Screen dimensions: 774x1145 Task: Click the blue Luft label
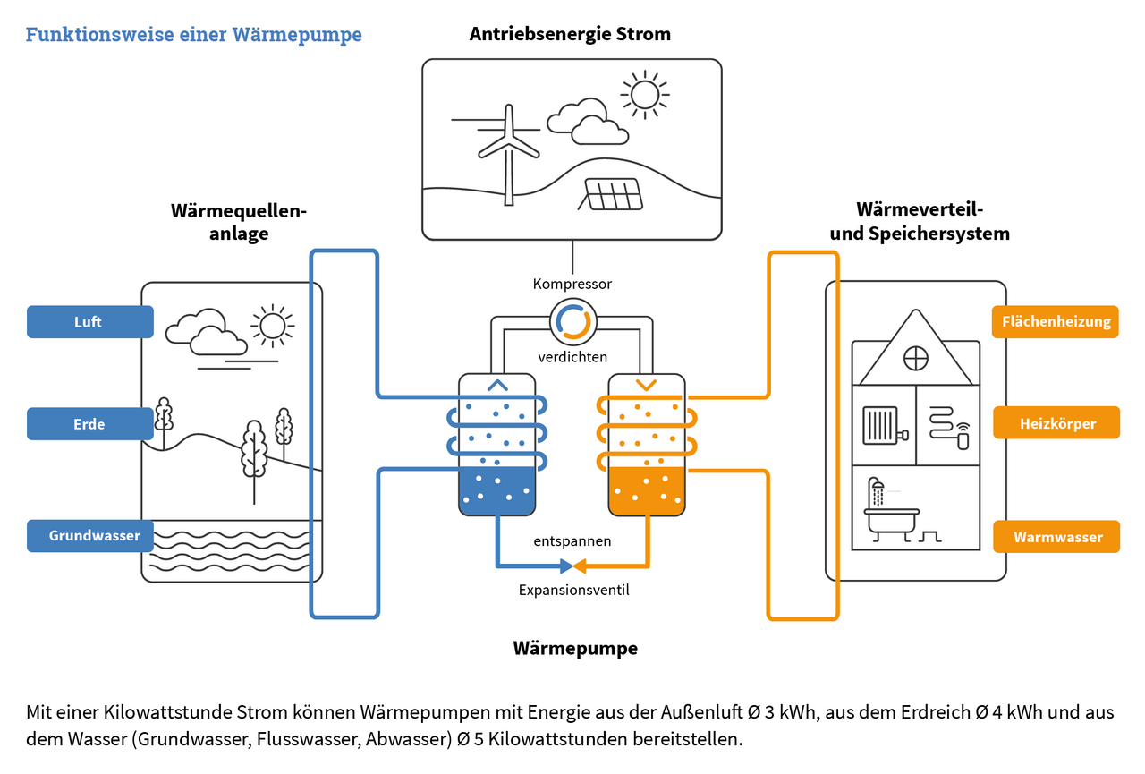click(x=89, y=322)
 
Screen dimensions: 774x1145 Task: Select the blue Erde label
click(x=89, y=424)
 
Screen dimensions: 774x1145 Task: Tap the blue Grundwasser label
click(x=89, y=536)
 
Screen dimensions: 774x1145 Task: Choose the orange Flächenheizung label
click(x=1056, y=322)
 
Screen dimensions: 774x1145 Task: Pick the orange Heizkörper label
click(x=1056, y=423)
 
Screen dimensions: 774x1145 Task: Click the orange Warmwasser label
click(x=1056, y=537)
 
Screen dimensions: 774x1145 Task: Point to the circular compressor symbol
click(x=572, y=322)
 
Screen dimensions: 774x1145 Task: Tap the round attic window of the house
click(x=915, y=359)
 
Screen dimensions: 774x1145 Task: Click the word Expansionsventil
click(x=573, y=591)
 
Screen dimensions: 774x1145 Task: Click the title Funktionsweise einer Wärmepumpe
click(x=193, y=35)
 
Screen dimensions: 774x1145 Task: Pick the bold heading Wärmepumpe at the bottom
click(x=575, y=648)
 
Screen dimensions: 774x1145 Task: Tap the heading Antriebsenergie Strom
click(x=570, y=35)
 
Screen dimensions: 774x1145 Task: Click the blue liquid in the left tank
click(x=497, y=492)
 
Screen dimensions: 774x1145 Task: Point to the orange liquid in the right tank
click(x=646, y=492)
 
